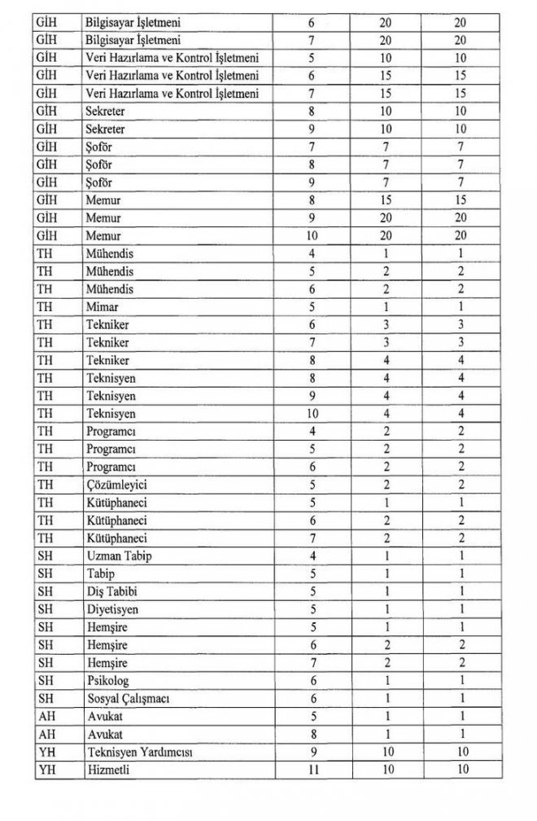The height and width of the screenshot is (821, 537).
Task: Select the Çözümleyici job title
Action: pyautogui.click(x=115, y=485)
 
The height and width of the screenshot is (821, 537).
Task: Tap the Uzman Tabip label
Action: pyautogui.click(x=119, y=555)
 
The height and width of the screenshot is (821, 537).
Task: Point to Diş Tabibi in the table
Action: pyautogui.click(x=111, y=591)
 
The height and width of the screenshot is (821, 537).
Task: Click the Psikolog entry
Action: pyautogui.click(x=107, y=680)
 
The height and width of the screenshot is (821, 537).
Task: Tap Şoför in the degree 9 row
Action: pyautogui.click(x=100, y=182)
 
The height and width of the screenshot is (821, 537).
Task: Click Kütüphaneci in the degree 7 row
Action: pyautogui.click(x=115, y=538)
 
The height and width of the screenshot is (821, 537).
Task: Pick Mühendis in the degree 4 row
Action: pyautogui.click(x=110, y=253)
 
